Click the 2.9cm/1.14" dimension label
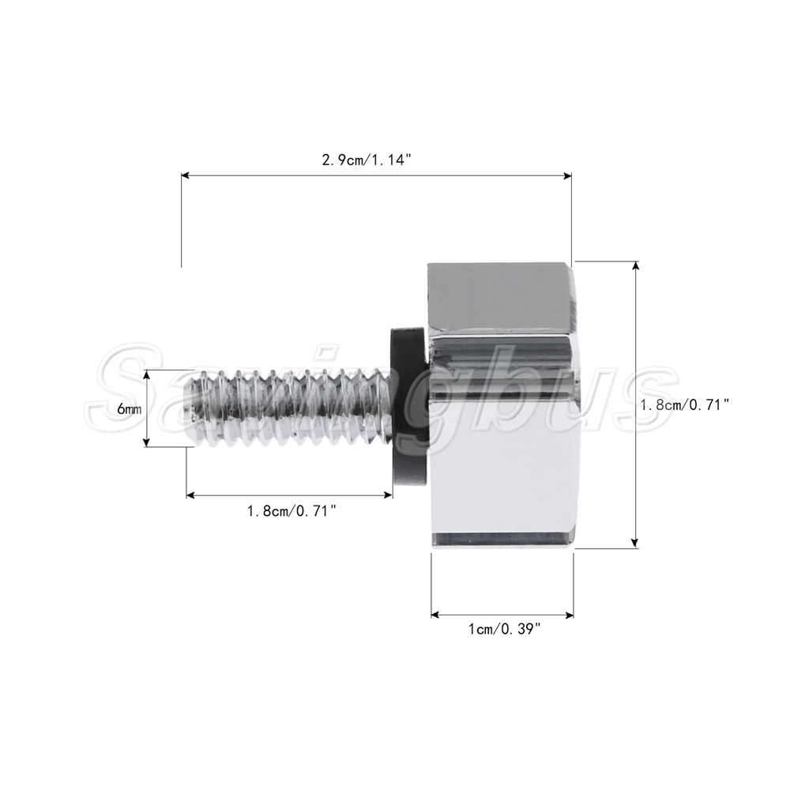367,160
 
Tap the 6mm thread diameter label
129,409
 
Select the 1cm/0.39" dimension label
504,630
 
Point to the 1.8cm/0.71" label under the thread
292,511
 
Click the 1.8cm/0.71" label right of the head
685,404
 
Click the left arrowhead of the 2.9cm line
185,175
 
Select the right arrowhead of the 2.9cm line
568,175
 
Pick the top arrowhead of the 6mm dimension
147,374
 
